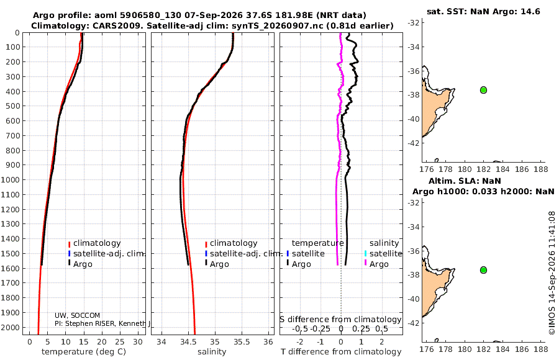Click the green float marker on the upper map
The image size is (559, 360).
coord(483,90)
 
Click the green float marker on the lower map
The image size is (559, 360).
coord(483,270)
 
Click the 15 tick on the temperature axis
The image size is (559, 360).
coord(84,342)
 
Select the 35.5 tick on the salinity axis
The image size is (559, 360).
coord(242,342)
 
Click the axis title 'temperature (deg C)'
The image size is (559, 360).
coord(84,352)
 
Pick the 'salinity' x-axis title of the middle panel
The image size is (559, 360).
coord(212,352)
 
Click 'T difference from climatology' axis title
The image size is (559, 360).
coord(341,352)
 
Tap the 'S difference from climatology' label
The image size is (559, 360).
coord(341,320)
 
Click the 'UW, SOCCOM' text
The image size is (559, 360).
coord(78,315)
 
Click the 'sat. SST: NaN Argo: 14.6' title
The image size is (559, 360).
coord(483,11)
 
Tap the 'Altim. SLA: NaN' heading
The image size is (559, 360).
coord(465,181)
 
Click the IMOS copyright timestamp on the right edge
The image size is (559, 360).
coord(552,273)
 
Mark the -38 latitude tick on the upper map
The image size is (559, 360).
coord(413,95)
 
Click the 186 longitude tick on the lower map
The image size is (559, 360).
coord(522,349)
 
